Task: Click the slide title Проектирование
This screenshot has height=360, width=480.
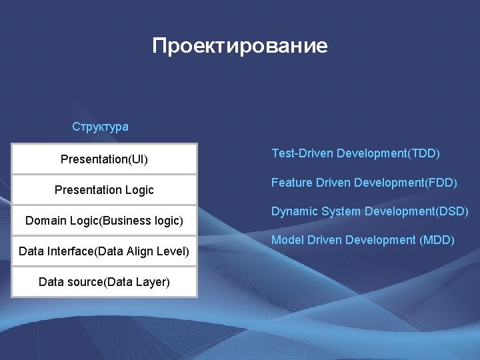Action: (239, 46)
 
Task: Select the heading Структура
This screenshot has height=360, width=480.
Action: (100, 127)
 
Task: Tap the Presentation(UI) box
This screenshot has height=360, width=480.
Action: (104, 159)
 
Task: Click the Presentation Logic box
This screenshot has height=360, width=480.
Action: (104, 190)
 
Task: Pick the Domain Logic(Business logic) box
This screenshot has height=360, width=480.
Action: (104, 221)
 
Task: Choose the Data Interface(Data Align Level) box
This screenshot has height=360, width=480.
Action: (104, 251)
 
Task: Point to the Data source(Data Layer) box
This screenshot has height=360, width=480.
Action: (104, 282)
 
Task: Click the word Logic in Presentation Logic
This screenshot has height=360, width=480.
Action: (139, 190)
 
